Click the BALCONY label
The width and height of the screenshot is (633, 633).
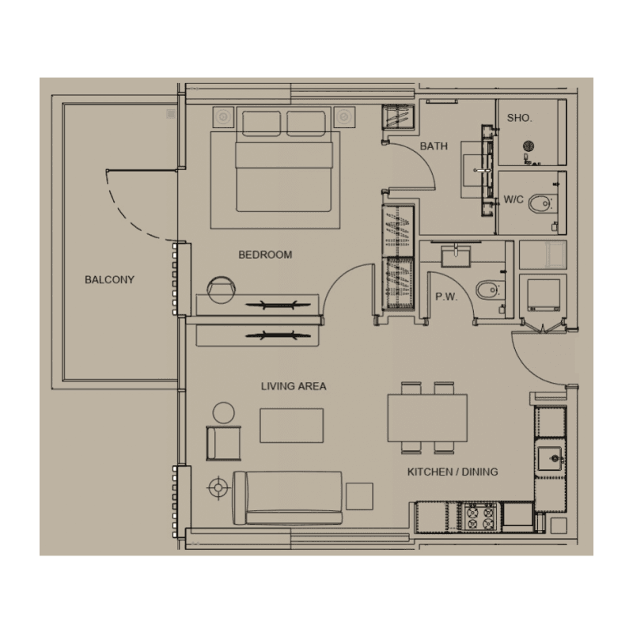[109, 280]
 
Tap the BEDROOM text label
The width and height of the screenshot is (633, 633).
[265, 255]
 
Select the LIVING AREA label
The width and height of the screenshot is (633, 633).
[294, 386]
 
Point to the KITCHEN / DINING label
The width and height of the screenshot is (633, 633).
[453, 472]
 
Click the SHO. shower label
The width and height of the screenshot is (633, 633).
[520, 118]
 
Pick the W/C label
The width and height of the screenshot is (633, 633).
[514, 199]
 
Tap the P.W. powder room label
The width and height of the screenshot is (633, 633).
[446, 298]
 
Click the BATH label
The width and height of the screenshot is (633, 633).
[434, 146]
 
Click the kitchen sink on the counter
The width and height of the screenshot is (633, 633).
[550, 459]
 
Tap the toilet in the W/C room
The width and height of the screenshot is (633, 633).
[541, 203]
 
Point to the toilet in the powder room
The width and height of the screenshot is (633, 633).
[489, 290]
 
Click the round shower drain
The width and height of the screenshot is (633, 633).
[529, 146]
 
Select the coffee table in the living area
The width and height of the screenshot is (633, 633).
[291, 426]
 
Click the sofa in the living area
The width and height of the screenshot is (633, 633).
[287, 498]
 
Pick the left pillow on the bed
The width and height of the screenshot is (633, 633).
[261, 123]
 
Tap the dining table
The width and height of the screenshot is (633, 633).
[427, 418]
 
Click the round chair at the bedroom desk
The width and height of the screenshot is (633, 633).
[222, 290]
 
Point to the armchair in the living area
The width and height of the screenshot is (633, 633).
[224, 443]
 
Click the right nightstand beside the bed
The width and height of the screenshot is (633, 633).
[344, 117]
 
